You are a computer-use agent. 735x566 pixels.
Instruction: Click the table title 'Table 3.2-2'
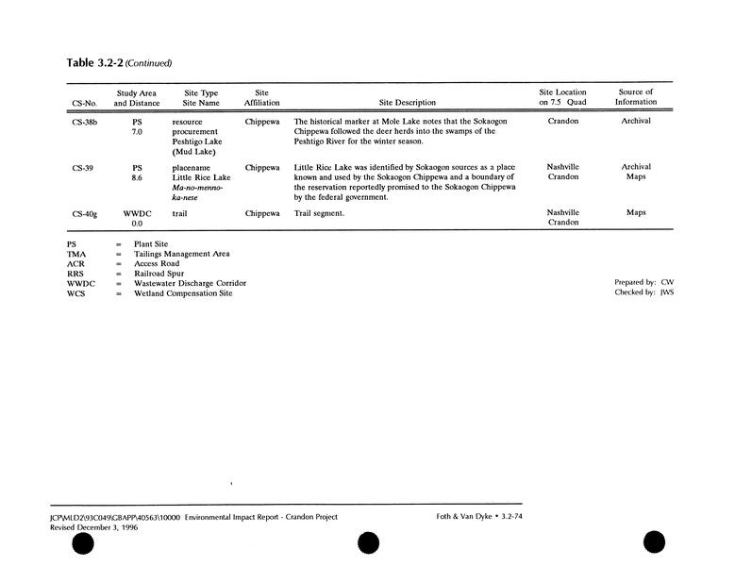(x=94, y=63)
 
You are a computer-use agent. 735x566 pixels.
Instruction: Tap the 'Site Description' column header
(x=407, y=103)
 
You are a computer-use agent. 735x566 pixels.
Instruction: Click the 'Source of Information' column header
(x=635, y=97)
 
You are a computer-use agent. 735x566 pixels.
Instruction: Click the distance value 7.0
(x=137, y=132)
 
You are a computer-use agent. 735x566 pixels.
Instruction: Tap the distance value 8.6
(x=137, y=177)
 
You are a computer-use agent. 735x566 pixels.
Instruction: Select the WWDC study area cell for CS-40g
(x=137, y=214)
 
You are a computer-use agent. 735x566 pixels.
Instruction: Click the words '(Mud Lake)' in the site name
(x=194, y=152)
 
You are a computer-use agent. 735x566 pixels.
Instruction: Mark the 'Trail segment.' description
(x=320, y=214)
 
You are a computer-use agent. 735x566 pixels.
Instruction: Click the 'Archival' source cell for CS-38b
(x=635, y=122)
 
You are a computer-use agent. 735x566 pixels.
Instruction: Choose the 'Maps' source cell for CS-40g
(x=635, y=213)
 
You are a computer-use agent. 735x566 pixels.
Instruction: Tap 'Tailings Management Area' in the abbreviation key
(x=182, y=254)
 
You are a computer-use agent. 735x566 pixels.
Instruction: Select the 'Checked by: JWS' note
(x=643, y=292)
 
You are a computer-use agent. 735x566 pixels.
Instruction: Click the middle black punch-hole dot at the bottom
(x=369, y=543)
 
